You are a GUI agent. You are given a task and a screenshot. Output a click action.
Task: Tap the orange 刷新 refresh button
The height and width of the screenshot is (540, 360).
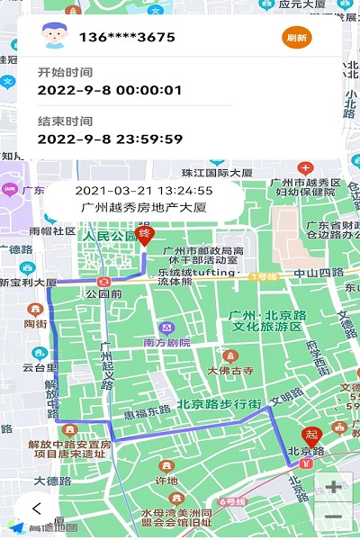point(297,38)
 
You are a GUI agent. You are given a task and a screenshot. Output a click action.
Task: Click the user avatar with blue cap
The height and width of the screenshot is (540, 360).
point(57,37)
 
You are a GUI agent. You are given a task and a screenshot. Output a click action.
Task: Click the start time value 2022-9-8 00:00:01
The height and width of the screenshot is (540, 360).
point(110,90)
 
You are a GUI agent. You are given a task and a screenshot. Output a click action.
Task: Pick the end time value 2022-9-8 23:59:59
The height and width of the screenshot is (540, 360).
point(110,139)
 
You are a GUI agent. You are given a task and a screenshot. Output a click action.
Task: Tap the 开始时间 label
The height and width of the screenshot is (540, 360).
point(65,72)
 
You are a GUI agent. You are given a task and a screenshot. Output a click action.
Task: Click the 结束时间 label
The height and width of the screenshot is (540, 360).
point(65,121)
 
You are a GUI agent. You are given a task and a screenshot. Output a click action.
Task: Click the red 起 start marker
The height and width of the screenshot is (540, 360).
point(311,436)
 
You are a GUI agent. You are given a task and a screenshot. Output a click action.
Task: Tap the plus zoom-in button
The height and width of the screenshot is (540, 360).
point(333,487)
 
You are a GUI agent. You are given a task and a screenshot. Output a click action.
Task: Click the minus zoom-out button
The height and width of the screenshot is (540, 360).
point(333,517)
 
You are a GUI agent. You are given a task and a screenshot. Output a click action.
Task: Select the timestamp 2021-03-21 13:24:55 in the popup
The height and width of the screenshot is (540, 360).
point(144,191)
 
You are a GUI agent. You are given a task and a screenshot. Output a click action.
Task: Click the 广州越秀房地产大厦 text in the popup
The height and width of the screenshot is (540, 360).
point(144,207)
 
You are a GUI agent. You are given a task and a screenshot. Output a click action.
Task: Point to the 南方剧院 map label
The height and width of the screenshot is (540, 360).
point(167,342)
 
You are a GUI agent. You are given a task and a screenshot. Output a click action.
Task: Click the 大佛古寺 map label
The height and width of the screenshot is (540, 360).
point(231,370)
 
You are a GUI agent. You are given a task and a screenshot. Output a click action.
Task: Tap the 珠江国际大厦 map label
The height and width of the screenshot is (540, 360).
point(217,172)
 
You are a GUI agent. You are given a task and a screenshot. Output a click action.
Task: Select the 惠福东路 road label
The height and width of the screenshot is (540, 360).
point(148,413)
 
